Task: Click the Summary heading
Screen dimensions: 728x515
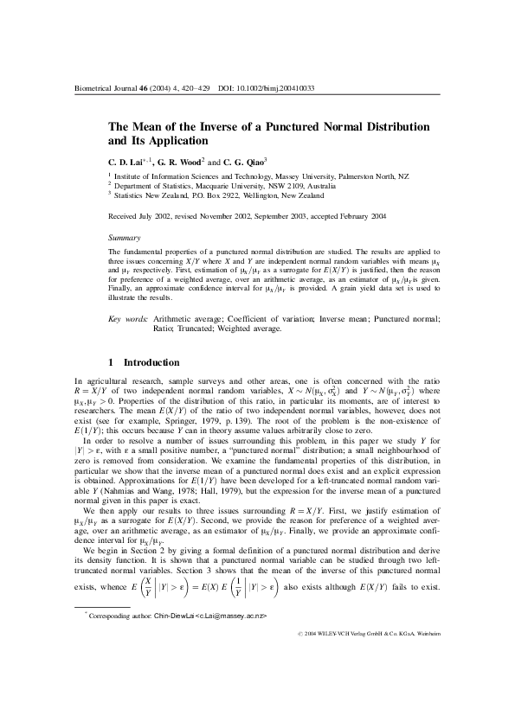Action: [122, 236]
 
